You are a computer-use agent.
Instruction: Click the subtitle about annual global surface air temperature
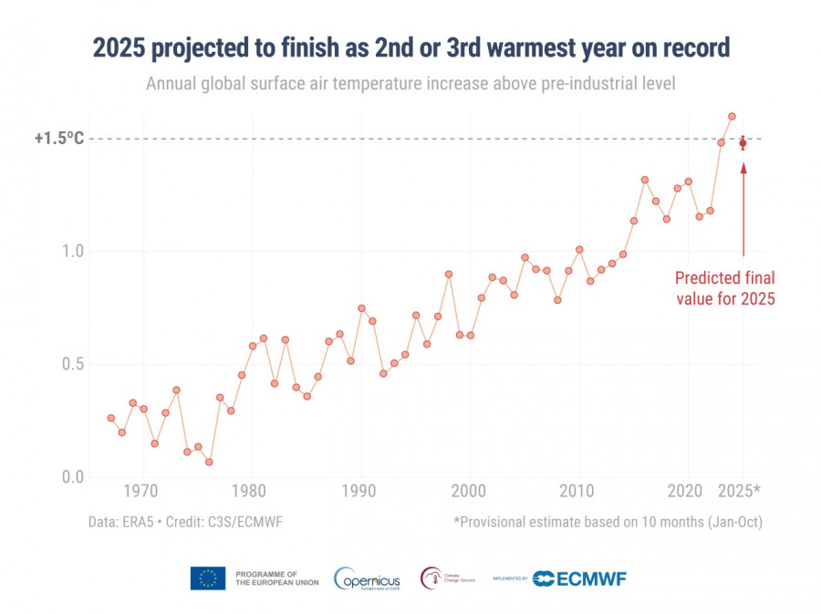tap(410, 84)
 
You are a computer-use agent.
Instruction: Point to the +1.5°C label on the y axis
tap(59, 139)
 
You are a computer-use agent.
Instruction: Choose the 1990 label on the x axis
tap(361, 492)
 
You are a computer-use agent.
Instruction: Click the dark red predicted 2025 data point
tap(743, 143)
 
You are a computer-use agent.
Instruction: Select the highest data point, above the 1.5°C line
tap(732, 116)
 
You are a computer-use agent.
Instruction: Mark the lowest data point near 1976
tap(209, 463)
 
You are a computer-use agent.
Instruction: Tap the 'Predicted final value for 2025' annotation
tap(724, 288)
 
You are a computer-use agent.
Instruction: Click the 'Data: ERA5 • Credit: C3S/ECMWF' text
tap(180, 523)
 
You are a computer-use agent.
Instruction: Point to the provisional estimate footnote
tap(608, 523)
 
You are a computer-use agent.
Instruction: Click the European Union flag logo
tap(208, 578)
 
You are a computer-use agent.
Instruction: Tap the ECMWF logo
tap(580, 578)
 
